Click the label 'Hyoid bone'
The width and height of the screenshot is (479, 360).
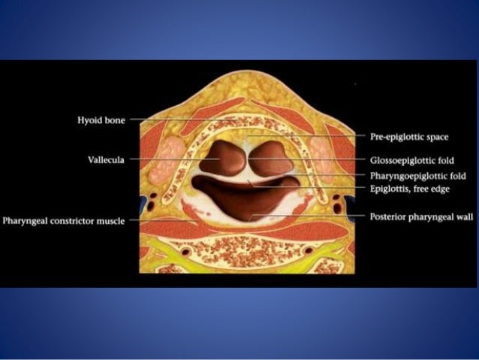click(101, 119)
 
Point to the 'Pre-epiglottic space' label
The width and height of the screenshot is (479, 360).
click(409, 138)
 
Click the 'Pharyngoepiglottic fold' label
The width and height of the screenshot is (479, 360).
click(418, 176)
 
